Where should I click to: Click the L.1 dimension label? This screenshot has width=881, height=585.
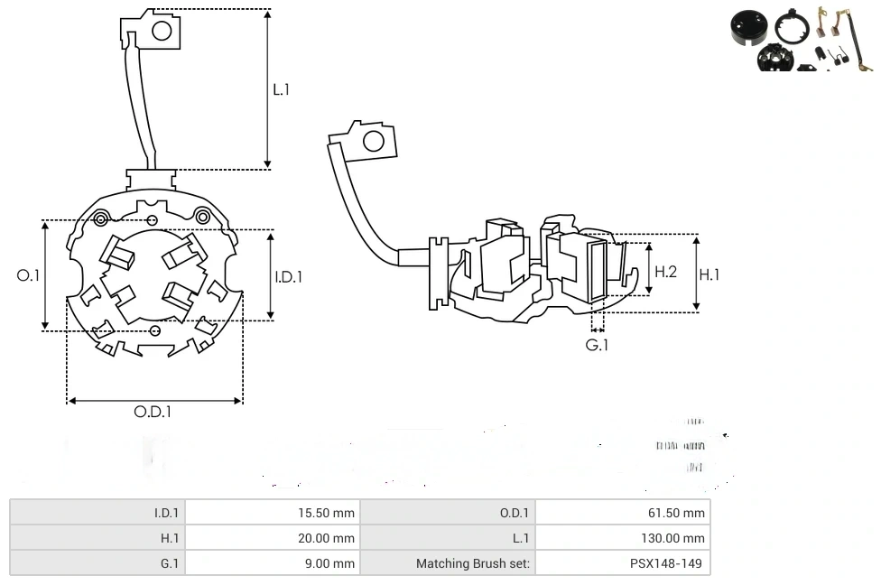coord(282,89)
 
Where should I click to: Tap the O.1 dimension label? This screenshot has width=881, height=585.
coord(29,275)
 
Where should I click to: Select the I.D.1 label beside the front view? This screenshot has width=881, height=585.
coord(289,277)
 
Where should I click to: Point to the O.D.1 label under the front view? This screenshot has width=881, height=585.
coord(153,412)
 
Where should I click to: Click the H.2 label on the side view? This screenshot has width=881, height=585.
coord(665,271)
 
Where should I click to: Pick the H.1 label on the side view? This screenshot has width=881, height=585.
coord(709,274)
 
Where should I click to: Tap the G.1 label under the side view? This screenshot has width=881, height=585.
coord(597,345)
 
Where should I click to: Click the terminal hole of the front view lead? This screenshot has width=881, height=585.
coord(162,31)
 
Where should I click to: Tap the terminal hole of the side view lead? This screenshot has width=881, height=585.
coord(371,141)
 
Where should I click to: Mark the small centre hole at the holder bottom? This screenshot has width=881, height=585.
coord(155,331)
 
